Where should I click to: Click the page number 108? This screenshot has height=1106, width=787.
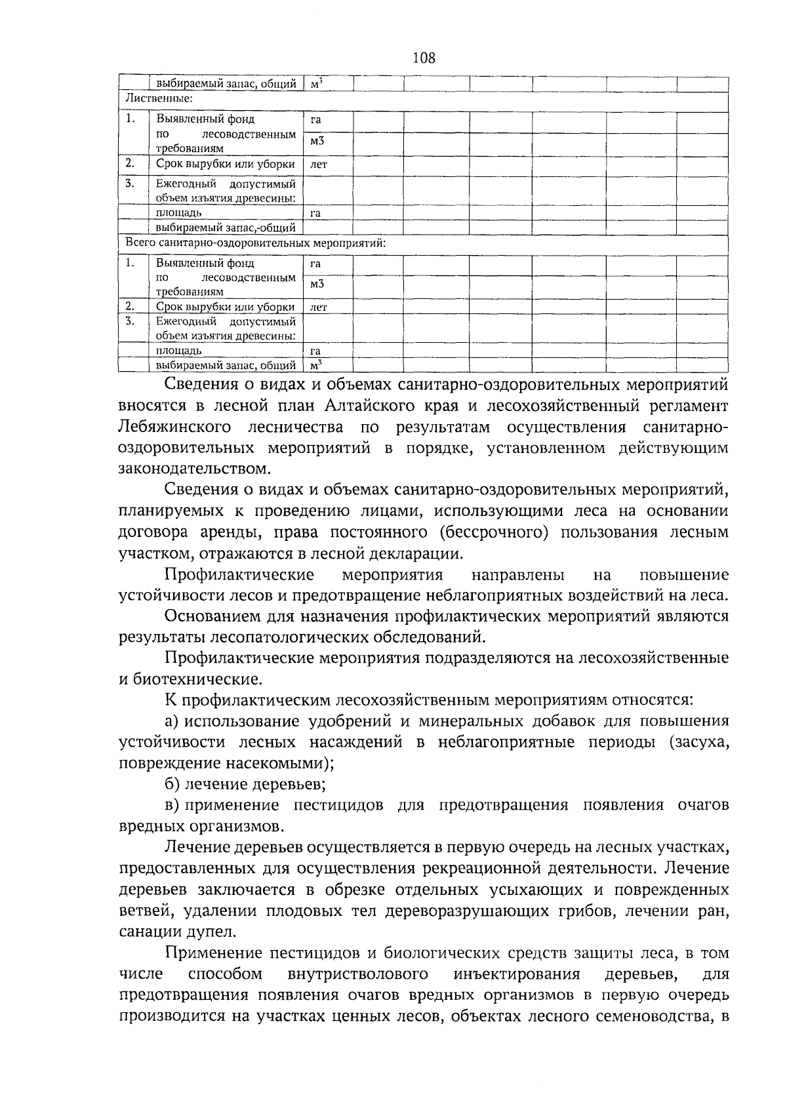click(424, 58)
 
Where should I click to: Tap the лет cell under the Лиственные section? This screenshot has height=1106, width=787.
click(318, 165)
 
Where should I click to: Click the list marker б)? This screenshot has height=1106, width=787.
click(172, 784)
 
